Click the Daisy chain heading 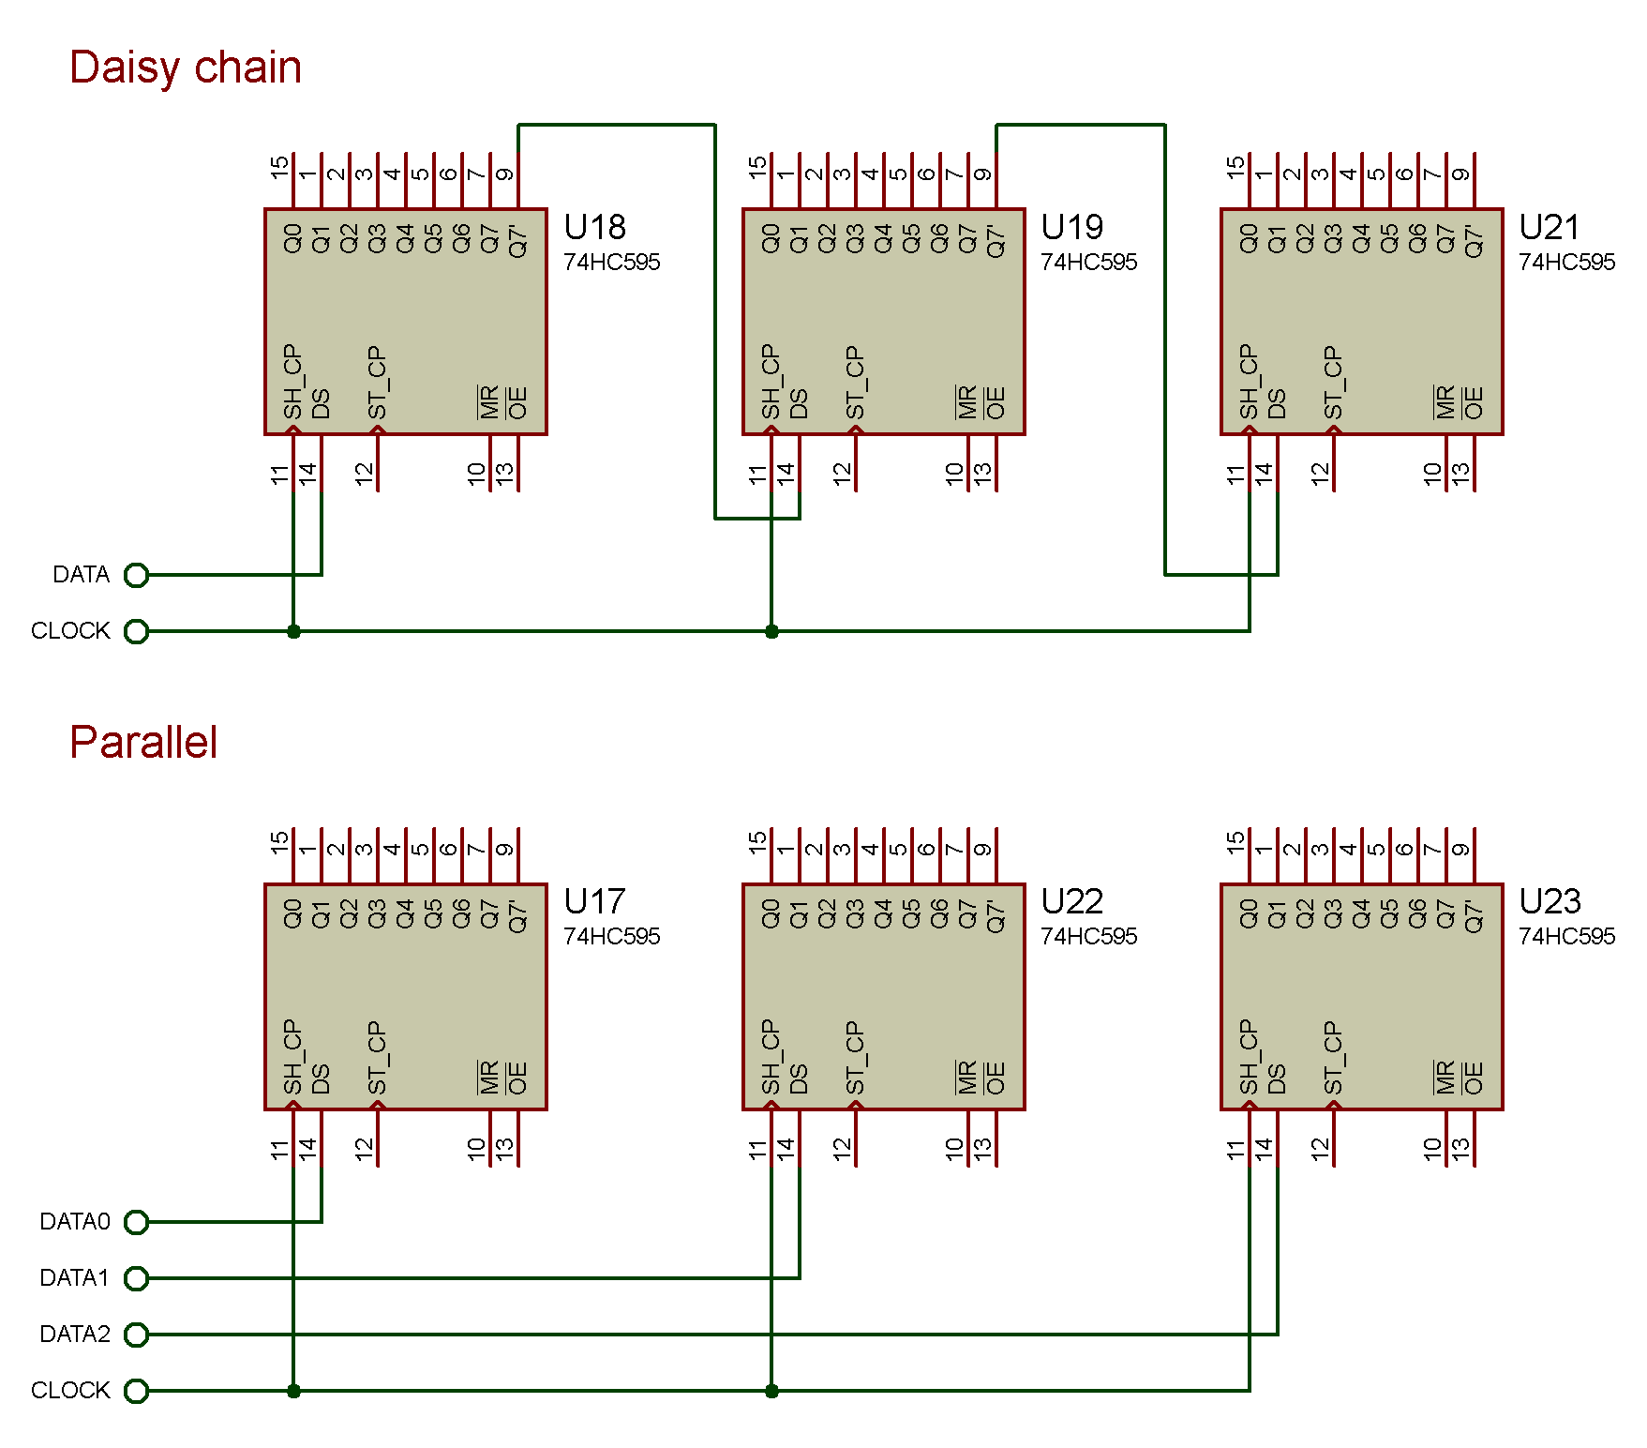(x=186, y=68)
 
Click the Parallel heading (x=143, y=742)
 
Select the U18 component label (x=594, y=228)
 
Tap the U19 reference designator (x=1071, y=228)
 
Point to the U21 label (x=1550, y=228)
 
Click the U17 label (x=594, y=902)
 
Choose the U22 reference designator (x=1071, y=902)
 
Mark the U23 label (x=1550, y=902)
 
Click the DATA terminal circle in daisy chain (x=137, y=575)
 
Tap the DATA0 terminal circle (x=137, y=1222)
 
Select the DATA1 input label (x=75, y=1278)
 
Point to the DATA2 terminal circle (x=137, y=1335)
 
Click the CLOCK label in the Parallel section (x=70, y=1391)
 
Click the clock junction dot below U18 (x=293, y=631)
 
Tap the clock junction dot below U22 (x=771, y=1391)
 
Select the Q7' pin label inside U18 (x=518, y=240)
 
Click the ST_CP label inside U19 (x=855, y=383)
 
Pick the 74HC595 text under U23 (x=1566, y=936)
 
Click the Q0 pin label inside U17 (x=292, y=913)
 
